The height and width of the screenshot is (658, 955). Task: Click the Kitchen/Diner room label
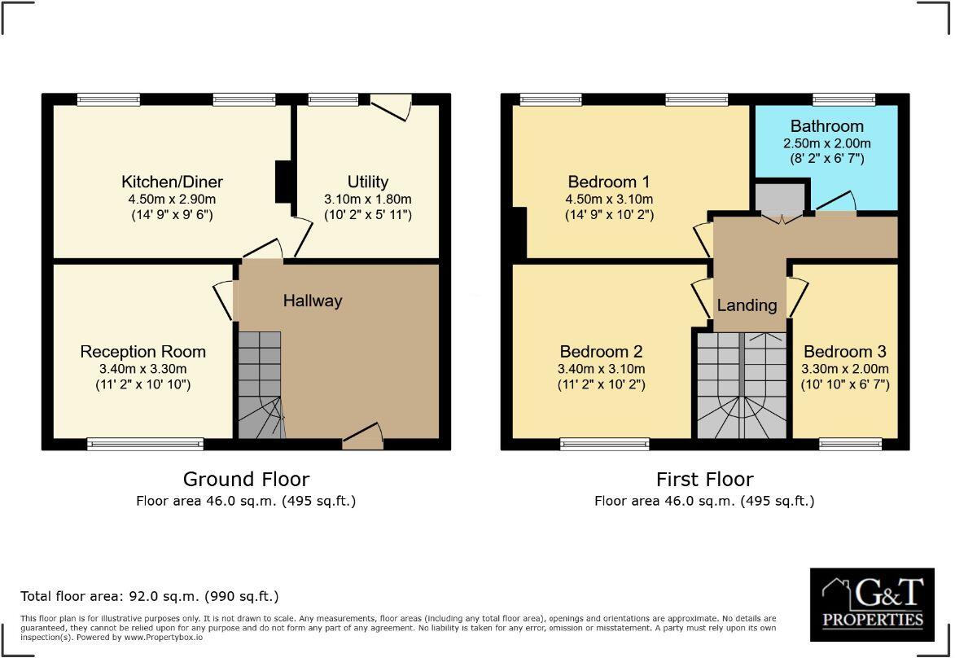coord(172,182)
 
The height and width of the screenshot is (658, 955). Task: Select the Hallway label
coord(313,300)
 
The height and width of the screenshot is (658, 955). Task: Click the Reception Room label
coord(142,352)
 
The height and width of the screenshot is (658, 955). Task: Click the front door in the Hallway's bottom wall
coord(362,437)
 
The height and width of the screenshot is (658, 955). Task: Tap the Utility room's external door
coord(392,106)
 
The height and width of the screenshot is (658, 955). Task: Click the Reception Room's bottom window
coord(146,444)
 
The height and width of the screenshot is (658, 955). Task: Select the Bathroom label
coord(826,126)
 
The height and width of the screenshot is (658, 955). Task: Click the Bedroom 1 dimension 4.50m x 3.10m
coord(610,200)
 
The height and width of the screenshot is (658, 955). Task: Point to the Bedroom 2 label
coord(602,352)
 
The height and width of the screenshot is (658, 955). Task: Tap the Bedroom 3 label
coord(845,352)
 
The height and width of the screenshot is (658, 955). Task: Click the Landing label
coord(747,305)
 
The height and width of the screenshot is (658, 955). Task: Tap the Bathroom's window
coord(843,99)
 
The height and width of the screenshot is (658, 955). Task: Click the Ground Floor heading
coord(246,479)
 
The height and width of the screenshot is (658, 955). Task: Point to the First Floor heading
coord(704,479)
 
